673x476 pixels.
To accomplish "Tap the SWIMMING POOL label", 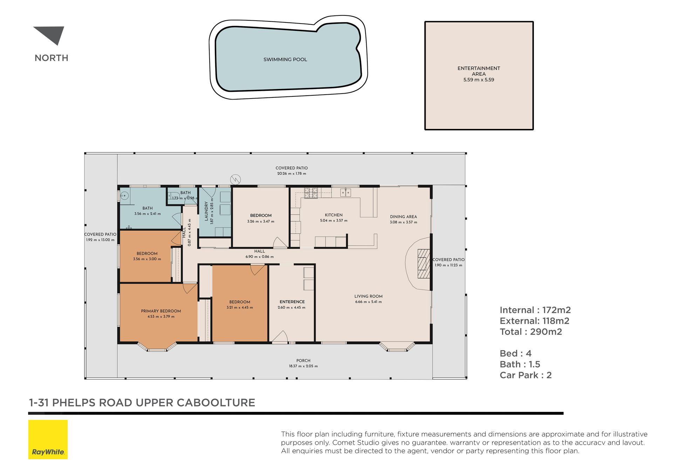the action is click(x=285, y=60).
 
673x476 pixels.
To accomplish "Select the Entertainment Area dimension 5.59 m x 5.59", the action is click(x=478, y=80).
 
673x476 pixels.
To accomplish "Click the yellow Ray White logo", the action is click(x=48, y=440).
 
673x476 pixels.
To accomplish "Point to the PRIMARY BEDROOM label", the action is click(x=161, y=311).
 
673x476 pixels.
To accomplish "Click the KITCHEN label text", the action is click(x=334, y=215).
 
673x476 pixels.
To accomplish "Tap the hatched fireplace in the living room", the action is click(x=424, y=264).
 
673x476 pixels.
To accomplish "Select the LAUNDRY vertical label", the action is click(x=206, y=211).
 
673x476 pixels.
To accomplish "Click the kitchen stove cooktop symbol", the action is click(x=311, y=193).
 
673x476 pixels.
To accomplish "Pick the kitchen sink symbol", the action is click(x=346, y=192).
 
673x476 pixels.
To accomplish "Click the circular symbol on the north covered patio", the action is click(x=236, y=180).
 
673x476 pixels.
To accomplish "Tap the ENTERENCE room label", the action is click(x=292, y=302).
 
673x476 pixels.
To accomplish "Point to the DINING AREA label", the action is click(x=403, y=217).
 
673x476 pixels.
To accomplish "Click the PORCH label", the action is click(x=303, y=360).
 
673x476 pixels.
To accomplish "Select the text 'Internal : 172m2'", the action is click(x=535, y=310).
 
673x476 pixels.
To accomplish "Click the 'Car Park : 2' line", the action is click(x=526, y=375).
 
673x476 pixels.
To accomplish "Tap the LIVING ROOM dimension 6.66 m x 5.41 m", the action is click(x=368, y=302).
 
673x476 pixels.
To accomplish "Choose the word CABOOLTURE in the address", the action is click(x=216, y=403).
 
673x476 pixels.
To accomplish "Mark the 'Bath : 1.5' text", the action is click(x=520, y=364).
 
